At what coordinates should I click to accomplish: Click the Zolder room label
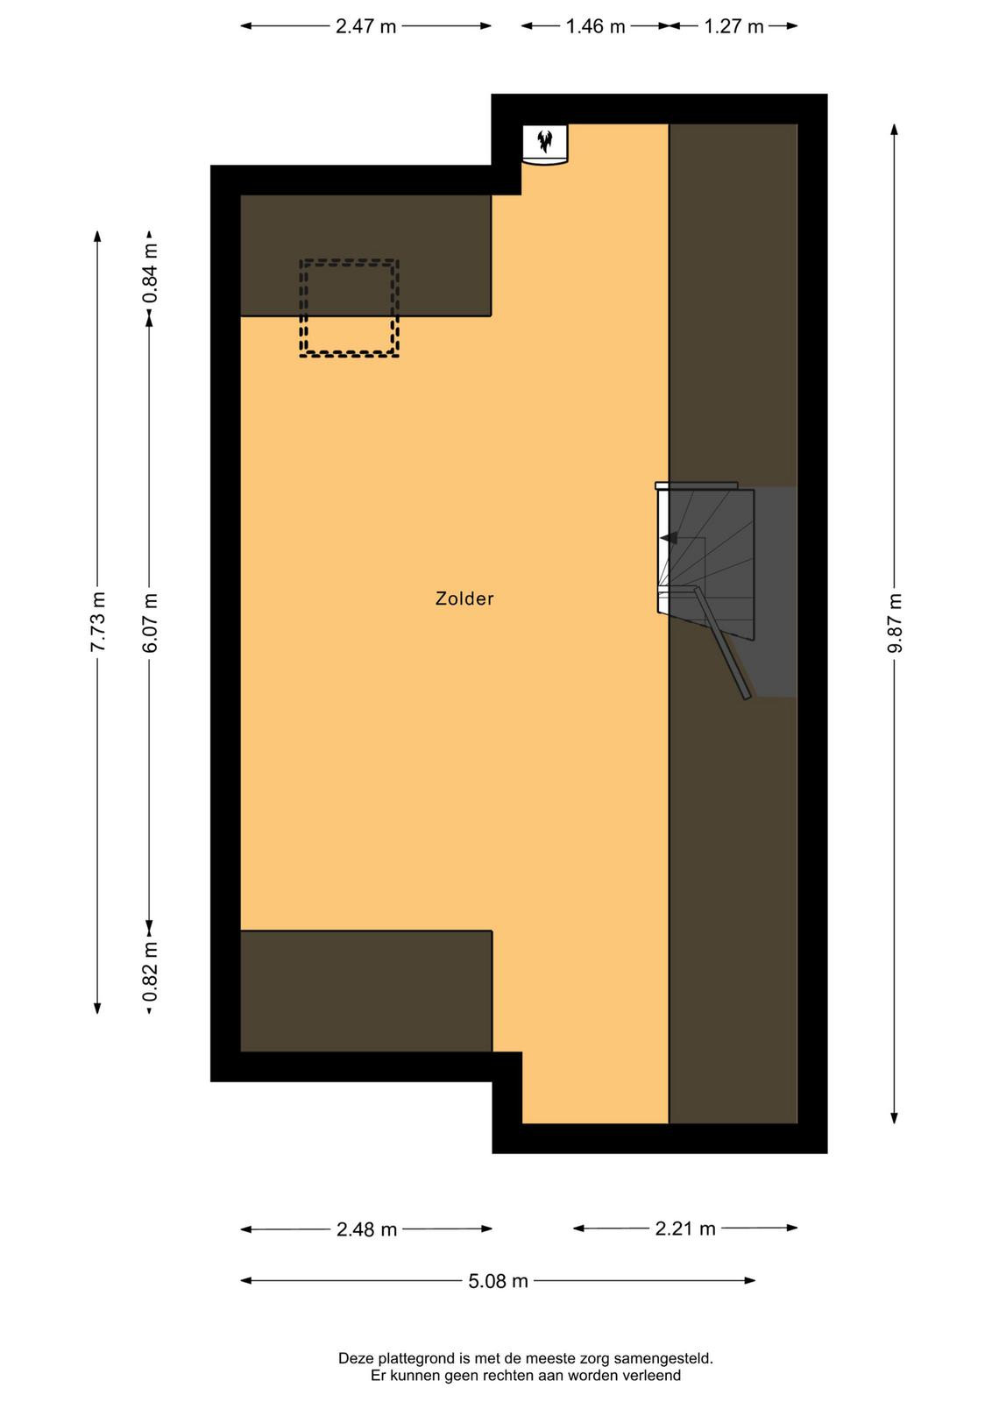coord(464,599)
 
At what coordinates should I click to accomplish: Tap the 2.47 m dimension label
coord(365,26)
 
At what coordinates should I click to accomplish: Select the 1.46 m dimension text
coord(595,26)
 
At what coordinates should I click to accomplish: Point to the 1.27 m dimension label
coord(733,26)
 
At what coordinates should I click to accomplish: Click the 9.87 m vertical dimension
coord(895,623)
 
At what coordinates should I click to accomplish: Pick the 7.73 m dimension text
coord(97,621)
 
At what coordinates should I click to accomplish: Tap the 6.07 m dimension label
coord(150,622)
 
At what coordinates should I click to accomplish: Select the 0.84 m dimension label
coord(150,273)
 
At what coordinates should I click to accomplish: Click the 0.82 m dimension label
coord(150,972)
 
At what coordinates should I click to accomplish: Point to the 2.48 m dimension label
coord(367,1230)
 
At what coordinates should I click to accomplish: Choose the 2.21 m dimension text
coord(685,1229)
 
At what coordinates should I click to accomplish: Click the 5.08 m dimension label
coord(498,1281)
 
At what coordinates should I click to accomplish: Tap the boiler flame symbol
coord(545,141)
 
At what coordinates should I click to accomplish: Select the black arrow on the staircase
coord(669,538)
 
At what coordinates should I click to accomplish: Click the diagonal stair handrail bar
coord(721,643)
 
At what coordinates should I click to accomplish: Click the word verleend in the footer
coord(653,1375)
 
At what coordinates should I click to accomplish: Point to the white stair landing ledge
coord(696,485)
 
